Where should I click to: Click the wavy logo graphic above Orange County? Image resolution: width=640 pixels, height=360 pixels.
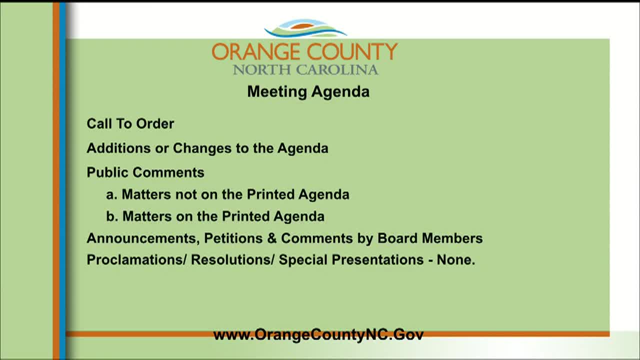point(305,29)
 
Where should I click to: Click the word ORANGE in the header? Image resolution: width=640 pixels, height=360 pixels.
point(255,52)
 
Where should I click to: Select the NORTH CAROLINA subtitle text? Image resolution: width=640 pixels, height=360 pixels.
point(305,69)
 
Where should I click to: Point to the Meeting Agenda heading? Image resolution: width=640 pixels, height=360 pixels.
point(308,91)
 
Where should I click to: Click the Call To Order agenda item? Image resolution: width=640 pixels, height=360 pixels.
point(130,123)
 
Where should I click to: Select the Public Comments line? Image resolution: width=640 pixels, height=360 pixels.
point(145,172)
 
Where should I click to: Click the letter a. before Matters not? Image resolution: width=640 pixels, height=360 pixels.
point(111,194)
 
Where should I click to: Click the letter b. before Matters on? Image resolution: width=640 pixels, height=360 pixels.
point(111,216)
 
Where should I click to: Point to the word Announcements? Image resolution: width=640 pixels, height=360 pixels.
point(143,238)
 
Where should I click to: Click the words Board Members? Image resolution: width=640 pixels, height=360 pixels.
point(429,238)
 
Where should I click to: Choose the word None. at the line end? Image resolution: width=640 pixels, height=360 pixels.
point(455,260)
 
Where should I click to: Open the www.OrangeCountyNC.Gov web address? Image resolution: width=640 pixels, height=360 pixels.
point(318,334)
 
